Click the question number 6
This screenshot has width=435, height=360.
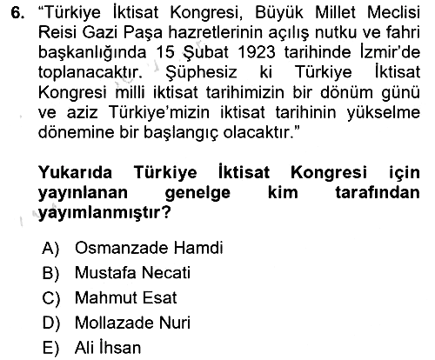point(17,13)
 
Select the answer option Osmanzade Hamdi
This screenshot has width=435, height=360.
point(149,248)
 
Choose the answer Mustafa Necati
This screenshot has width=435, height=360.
point(132,273)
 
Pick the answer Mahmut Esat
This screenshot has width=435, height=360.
point(125,297)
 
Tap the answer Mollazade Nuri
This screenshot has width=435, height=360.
point(132,323)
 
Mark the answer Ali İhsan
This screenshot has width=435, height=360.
point(108,347)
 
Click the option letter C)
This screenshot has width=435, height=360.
point(50,298)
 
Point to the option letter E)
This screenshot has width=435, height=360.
point(50,348)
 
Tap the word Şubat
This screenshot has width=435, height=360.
point(205,53)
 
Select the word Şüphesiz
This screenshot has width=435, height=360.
point(201,73)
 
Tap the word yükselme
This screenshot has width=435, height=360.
point(383,113)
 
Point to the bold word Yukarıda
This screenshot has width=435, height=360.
point(75,172)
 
